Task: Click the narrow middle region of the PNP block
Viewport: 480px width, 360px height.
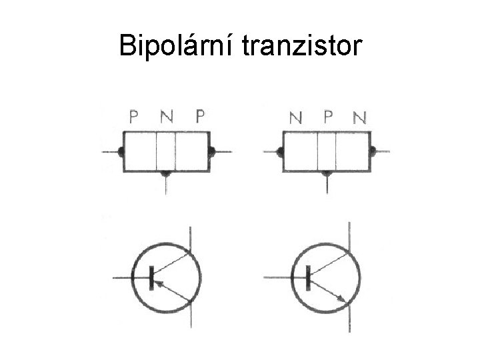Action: pyautogui.click(x=166, y=151)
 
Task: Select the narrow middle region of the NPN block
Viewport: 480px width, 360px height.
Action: pyautogui.click(x=327, y=151)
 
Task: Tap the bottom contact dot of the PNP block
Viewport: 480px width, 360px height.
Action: pyautogui.click(x=166, y=173)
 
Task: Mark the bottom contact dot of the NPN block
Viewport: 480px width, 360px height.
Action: pyautogui.click(x=327, y=173)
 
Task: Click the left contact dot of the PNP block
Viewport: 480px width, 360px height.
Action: pyautogui.click(x=121, y=152)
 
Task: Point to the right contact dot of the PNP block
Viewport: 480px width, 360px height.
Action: pyautogui.click(x=211, y=152)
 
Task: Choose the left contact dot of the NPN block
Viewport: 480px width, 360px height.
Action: pyautogui.click(x=281, y=152)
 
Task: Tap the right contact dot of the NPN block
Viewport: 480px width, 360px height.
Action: pyautogui.click(x=373, y=151)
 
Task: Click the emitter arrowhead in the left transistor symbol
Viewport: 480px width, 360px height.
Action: pyautogui.click(x=162, y=283)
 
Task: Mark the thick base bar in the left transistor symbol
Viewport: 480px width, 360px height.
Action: pyautogui.click(x=151, y=277)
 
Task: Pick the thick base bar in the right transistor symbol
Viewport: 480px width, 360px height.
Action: pyautogui.click(x=308, y=277)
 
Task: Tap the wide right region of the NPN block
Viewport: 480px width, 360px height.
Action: pyautogui.click(x=353, y=151)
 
